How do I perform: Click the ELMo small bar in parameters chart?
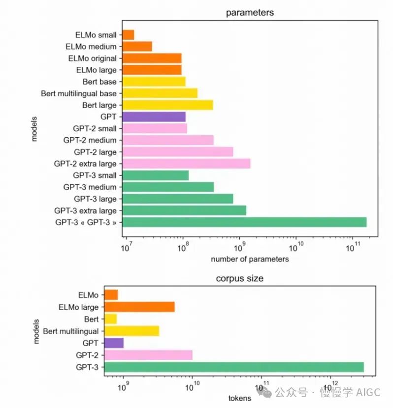128,35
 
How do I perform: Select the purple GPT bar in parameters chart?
154,117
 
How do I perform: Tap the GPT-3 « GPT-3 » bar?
244,222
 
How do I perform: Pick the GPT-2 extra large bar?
186,164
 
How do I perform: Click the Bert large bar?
167,105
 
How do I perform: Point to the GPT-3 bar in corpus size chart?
234,367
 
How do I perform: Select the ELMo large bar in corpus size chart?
139,307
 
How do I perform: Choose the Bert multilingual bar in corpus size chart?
132,331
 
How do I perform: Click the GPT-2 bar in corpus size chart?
148,355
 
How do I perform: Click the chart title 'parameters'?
250,12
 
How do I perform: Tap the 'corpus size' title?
239,278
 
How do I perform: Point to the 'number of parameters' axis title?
250,259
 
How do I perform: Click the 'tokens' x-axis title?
239,398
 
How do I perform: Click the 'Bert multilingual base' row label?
79,93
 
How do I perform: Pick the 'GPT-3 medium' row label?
90,187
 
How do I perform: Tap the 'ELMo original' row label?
93,58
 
